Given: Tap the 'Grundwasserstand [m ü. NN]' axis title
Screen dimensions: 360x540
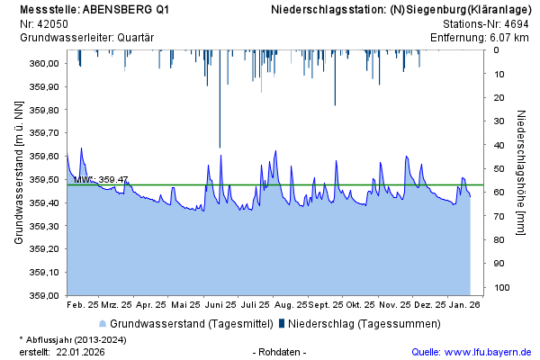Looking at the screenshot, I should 19,173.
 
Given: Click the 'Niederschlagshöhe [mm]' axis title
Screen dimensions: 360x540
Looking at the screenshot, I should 521,173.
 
